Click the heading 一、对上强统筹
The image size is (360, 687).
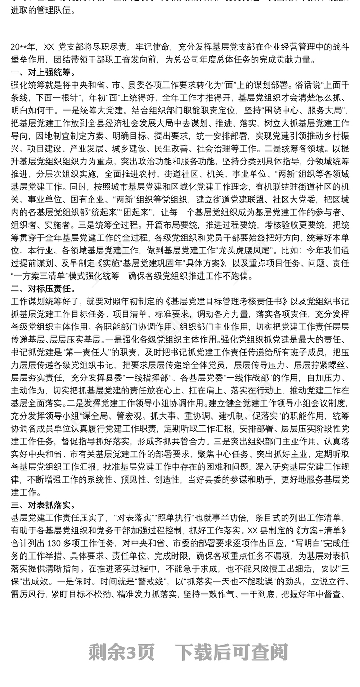pos(43,72)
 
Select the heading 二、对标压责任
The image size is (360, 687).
pos(43,289)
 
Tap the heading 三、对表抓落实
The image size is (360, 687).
pos(43,506)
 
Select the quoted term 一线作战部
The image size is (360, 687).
pos(247,373)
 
